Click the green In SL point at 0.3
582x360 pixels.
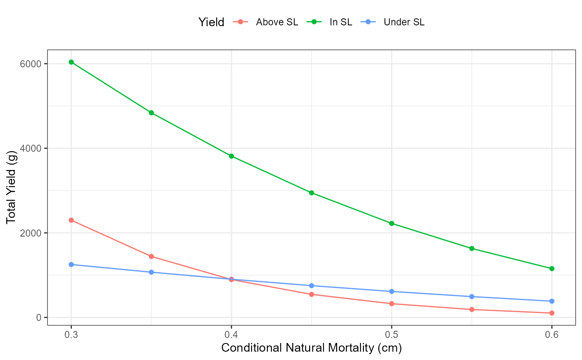71,62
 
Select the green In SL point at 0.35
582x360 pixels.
151,113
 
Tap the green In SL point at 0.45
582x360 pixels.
311,193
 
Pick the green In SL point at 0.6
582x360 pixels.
552,269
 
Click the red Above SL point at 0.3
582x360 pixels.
71,220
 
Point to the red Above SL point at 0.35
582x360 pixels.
151,256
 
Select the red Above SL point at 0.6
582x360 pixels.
552,313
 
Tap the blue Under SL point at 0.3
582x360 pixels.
71,264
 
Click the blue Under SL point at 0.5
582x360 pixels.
392,291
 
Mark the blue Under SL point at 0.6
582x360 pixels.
552,301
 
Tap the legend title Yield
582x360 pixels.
211,22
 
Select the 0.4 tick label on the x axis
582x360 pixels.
231,334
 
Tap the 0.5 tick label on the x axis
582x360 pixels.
392,334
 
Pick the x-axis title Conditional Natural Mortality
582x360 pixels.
311,348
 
